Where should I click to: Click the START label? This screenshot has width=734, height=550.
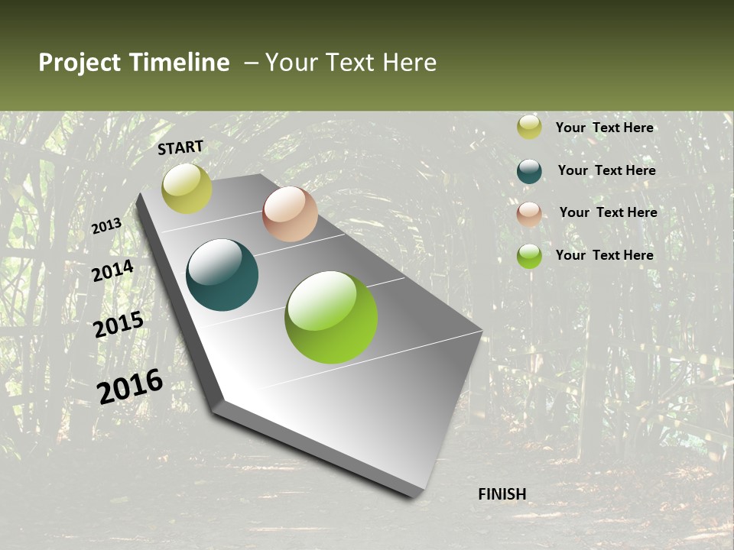180,147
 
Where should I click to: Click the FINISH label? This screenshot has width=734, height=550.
502,494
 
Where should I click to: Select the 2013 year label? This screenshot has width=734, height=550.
106,226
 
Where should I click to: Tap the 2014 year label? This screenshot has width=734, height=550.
112,271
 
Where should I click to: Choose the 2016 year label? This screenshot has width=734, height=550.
130,387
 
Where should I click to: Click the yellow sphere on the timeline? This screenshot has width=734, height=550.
187,189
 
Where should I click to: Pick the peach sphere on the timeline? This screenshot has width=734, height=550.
290,214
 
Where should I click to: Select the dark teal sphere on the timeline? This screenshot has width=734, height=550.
222,275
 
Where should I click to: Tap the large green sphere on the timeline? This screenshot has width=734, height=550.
331,316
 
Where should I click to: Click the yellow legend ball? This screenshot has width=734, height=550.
529,128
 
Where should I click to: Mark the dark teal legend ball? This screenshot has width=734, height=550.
529,171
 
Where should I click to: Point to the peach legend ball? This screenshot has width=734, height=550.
529,214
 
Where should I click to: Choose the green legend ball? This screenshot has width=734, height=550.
529,256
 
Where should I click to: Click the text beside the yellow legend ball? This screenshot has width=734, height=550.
604,128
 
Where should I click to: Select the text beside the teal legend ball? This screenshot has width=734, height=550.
606,170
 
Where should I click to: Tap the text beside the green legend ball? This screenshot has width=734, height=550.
604,255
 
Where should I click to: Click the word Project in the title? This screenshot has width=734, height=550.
79,63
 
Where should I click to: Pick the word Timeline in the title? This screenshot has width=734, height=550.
180,63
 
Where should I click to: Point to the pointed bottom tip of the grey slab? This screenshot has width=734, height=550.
417,496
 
